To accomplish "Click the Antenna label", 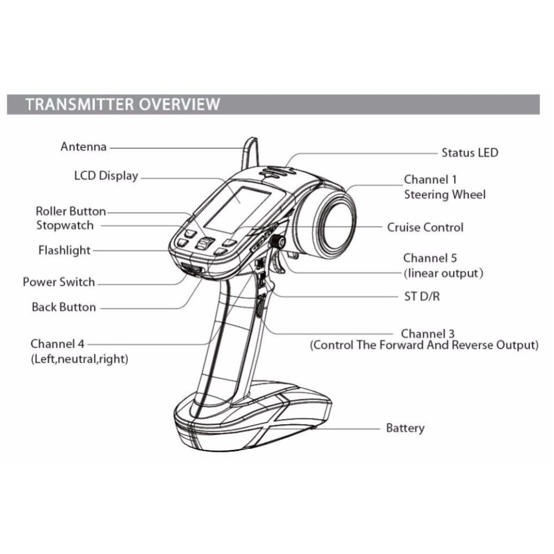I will [x=83, y=147].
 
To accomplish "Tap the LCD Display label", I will [x=106, y=176].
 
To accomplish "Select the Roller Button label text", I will [x=70, y=211].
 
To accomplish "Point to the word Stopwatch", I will [x=65, y=225].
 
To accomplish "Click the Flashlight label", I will [x=64, y=250].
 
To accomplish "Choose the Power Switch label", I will [x=59, y=282].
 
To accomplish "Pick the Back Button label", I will [x=64, y=307].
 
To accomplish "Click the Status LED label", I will [x=469, y=152].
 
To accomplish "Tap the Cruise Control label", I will [x=425, y=227].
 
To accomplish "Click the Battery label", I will [x=405, y=428].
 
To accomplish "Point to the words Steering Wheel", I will [x=444, y=194].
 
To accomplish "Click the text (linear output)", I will [x=443, y=273].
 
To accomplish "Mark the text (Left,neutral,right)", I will [x=79, y=359].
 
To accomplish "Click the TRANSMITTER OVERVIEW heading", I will [x=123, y=104].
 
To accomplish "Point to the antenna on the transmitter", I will [x=250, y=152].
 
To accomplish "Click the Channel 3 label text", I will [x=428, y=334].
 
